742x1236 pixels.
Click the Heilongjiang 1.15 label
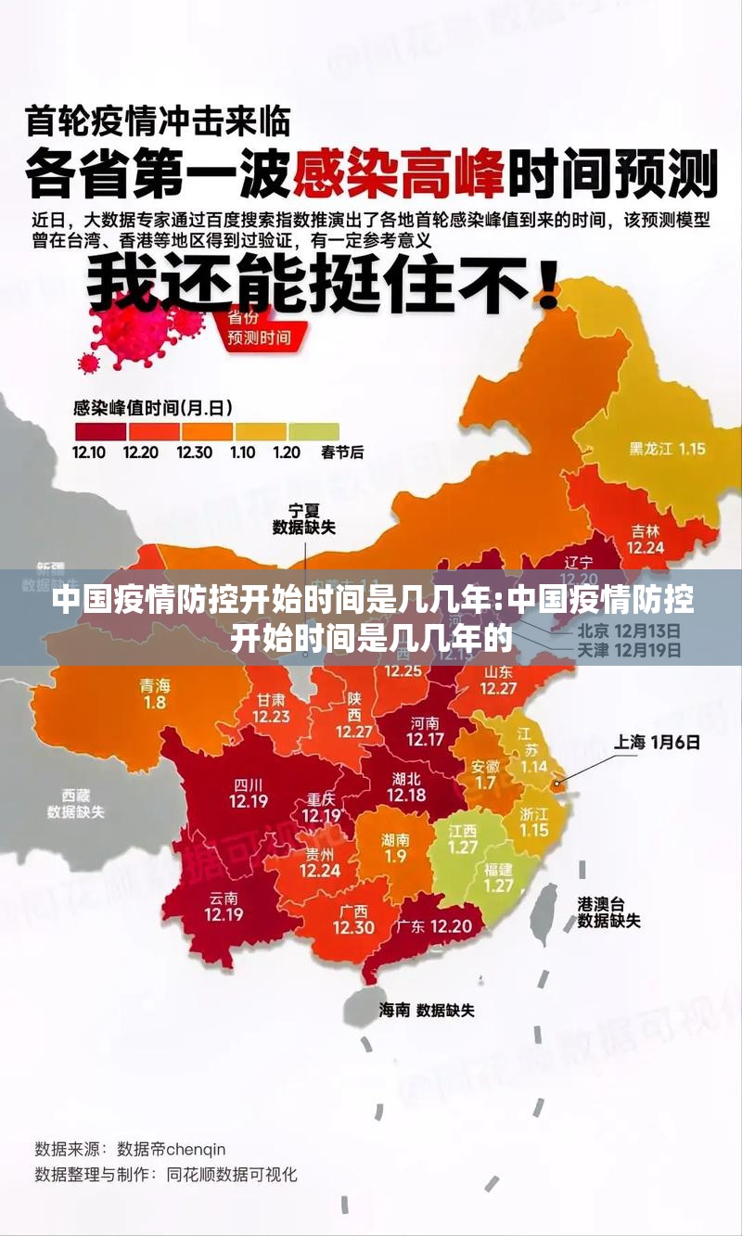[x=667, y=449]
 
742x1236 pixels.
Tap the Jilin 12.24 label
[x=646, y=539]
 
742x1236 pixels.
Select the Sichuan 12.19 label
[x=249, y=794]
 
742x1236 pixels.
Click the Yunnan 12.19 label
[x=224, y=905]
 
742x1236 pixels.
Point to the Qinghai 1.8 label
[x=155, y=694]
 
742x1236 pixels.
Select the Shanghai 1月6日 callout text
[x=657, y=742]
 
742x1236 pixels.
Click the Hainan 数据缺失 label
[x=426, y=1010]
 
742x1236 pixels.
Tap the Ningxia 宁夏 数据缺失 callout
[x=303, y=518]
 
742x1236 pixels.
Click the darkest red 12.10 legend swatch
[x=99, y=432]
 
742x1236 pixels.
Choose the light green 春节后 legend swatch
[x=313, y=432]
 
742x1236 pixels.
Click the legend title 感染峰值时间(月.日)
[x=152, y=407]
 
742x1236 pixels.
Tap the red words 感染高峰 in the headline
[x=399, y=173]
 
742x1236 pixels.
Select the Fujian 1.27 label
[x=498, y=877]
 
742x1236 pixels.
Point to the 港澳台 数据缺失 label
[x=608, y=911]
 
